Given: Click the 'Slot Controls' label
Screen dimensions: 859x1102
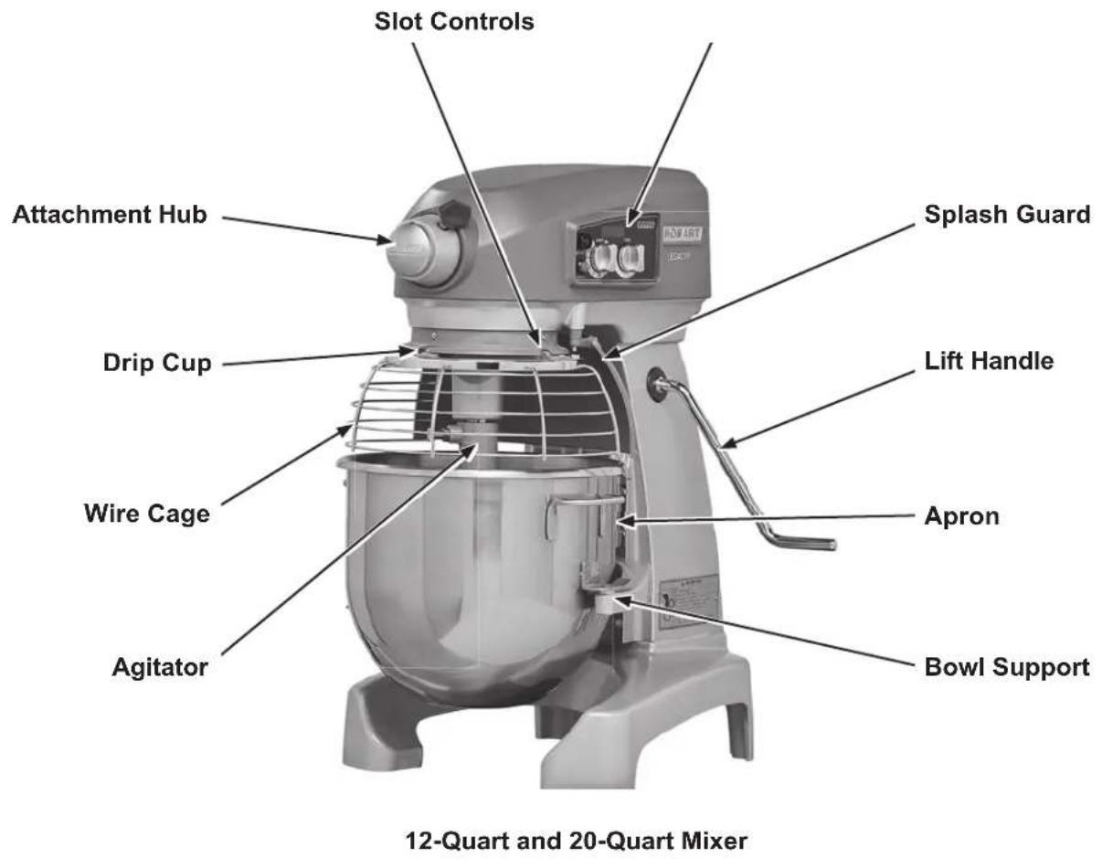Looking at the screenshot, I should point(454,21).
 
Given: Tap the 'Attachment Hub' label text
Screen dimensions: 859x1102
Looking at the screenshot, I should point(109,216).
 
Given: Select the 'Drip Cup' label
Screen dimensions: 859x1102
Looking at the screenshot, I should point(157,363).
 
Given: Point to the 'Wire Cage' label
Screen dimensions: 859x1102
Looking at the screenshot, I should point(147,513).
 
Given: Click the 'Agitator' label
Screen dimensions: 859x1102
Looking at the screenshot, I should point(160,666).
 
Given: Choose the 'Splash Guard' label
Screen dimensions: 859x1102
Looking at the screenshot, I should point(1007,215).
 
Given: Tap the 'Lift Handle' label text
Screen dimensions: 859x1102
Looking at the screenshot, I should point(990,361).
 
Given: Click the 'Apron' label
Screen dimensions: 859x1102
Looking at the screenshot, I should point(961,516).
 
